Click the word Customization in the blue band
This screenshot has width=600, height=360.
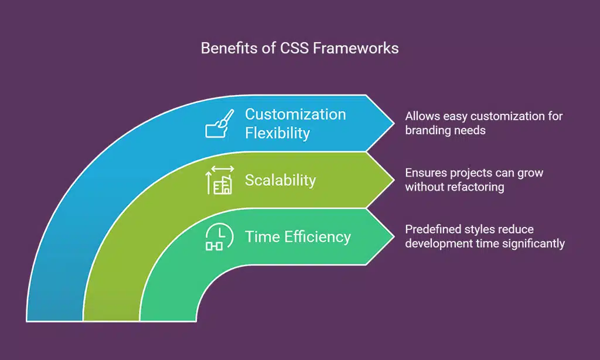click(x=295, y=114)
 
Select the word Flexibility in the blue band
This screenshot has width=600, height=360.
click(x=277, y=133)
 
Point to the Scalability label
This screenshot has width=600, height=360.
click(x=280, y=180)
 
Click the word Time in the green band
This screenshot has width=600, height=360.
click(x=262, y=237)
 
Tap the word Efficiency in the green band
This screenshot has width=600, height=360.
click(x=317, y=237)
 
